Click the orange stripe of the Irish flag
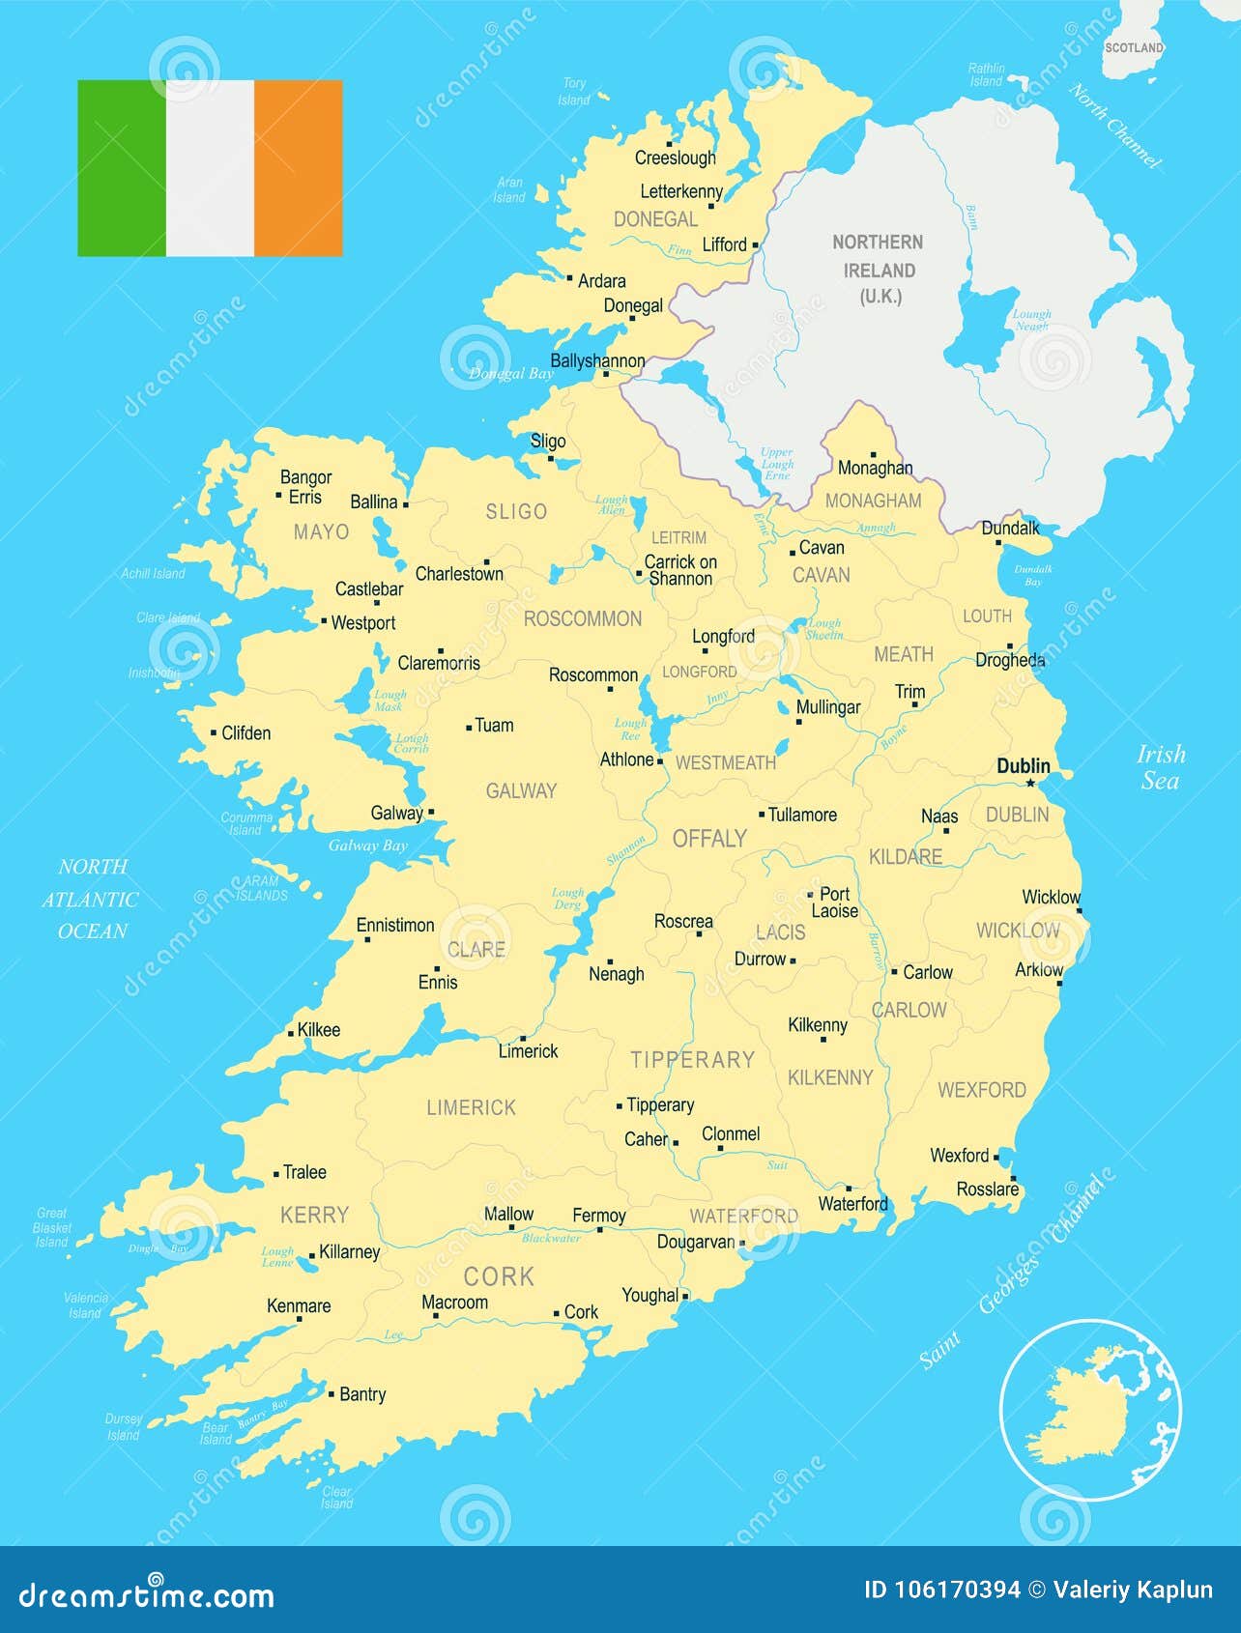pos(299,168)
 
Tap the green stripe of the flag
pos(122,168)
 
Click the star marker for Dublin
pos(1030,783)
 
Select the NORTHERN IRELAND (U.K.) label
pos(878,270)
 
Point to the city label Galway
pos(396,813)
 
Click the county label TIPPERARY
pos(692,1060)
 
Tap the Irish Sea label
pos(1160,767)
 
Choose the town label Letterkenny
pos(680,191)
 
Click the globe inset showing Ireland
pos(1090,1410)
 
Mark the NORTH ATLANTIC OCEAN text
pos(92,899)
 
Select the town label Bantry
pos(362,1394)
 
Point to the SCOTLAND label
pos(1134,47)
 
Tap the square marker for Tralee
pos(276,1173)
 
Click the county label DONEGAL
pos(655,219)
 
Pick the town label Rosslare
pos(986,1189)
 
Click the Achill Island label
pos(153,574)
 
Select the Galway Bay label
pos(367,845)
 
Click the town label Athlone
pos(626,759)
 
